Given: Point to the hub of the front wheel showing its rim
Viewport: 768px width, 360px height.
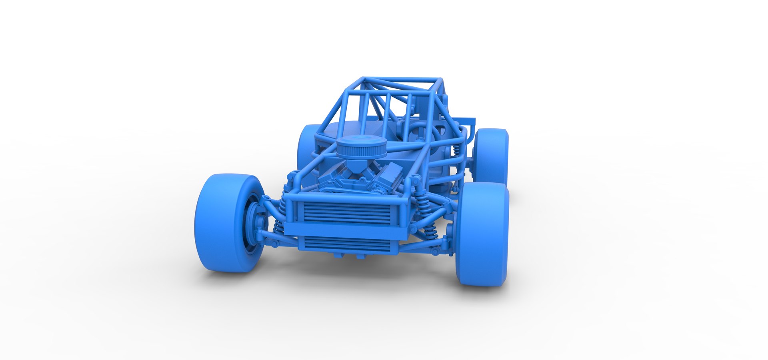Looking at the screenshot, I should click(x=254, y=224).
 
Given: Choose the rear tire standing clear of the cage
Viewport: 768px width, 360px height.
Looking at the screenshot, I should click(x=491, y=156).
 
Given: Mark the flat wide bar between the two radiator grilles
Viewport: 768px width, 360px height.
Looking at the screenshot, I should click(x=346, y=231).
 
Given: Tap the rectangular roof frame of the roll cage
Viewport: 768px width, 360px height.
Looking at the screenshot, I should click(x=400, y=84).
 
